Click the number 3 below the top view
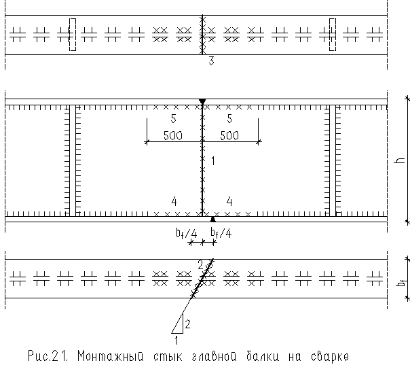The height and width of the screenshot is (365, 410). coord(211,62)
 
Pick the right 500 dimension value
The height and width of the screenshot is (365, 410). coord(229,135)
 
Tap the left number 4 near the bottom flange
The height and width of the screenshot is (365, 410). coord(174,201)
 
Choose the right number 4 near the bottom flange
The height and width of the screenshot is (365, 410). coord(229,201)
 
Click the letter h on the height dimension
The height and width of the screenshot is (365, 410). coord(400,161)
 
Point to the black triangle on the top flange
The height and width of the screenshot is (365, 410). coord(202,103)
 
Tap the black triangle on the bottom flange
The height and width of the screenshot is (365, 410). coord(213,219)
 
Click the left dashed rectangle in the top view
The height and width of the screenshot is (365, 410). coord(73,35)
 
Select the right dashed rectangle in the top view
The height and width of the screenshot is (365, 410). coord(333,35)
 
